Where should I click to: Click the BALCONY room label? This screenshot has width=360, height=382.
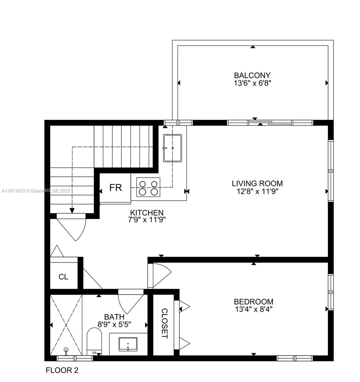[252, 75]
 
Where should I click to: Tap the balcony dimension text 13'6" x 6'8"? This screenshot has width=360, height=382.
[252, 83]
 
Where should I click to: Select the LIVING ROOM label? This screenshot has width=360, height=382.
[257, 183]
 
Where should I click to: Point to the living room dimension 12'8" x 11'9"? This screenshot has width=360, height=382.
[257, 191]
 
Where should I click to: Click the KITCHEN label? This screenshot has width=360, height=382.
[147, 213]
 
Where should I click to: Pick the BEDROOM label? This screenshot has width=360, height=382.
[253, 301]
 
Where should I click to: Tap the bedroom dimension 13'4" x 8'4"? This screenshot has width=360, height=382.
[253, 309]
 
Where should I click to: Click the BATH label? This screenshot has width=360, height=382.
[114, 317]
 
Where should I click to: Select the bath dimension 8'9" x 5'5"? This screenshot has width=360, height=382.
[114, 324]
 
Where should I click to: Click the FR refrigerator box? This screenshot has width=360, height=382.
[116, 187]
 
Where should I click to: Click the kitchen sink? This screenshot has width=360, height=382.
[173, 148]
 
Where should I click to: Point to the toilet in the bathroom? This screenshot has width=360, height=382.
[94, 342]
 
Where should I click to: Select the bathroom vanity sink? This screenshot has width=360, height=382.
[128, 344]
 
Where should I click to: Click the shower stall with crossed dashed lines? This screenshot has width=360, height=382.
[66, 325]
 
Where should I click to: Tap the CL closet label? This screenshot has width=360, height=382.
[63, 277]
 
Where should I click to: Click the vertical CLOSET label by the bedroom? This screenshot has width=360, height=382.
[164, 323]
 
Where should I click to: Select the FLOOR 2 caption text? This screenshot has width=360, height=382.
[62, 370]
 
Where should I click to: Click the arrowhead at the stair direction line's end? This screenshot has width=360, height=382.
[72, 210]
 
